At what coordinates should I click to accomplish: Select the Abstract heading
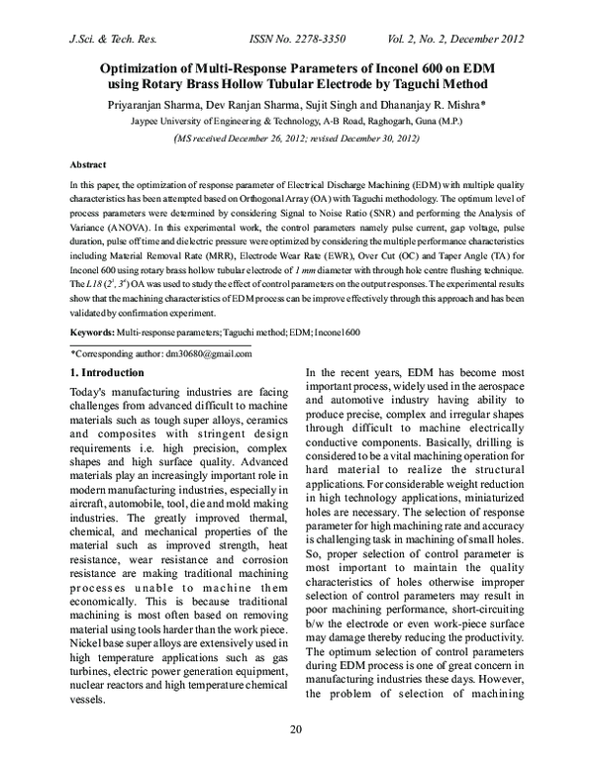pyautogui.click(x=88, y=164)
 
